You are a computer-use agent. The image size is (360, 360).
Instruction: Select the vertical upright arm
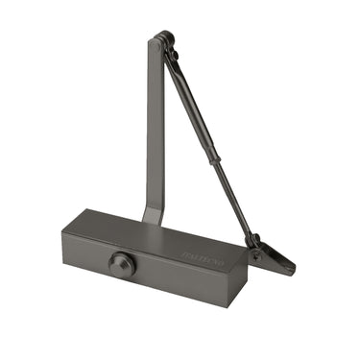pyautogui.click(x=154, y=125)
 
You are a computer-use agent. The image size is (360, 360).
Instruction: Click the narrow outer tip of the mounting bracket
pyautogui.click(x=290, y=269)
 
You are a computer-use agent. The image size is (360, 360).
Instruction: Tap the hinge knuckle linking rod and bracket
pyautogui.click(x=252, y=240)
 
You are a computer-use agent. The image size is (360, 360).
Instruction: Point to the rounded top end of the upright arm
pyautogui.click(x=156, y=39)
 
